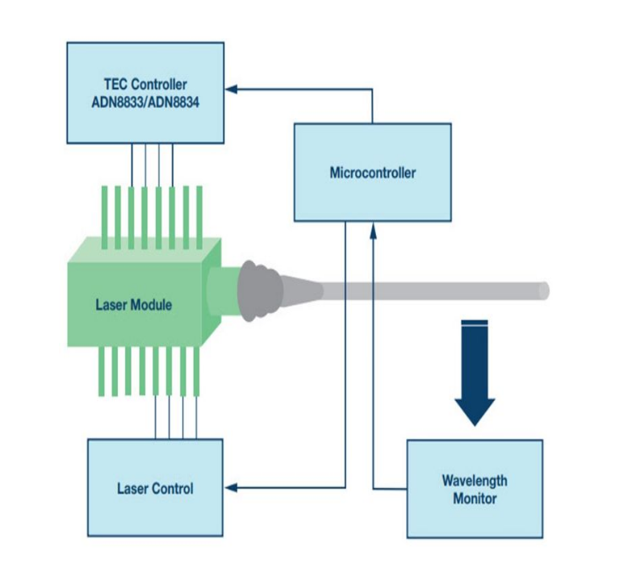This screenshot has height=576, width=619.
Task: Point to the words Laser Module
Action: tap(133, 305)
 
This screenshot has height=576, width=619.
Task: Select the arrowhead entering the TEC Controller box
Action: tap(231, 87)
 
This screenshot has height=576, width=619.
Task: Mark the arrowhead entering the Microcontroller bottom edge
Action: tap(373, 227)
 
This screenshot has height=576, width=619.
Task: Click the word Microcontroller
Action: tap(372, 173)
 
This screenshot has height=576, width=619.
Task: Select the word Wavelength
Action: tap(475, 481)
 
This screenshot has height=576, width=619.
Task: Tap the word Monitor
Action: tap(475, 499)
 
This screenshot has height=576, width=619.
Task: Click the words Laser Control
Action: tap(155, 488)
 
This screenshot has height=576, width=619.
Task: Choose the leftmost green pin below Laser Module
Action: tap(102, 372)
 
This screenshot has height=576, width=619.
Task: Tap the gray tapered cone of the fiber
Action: tap(303, 289)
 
